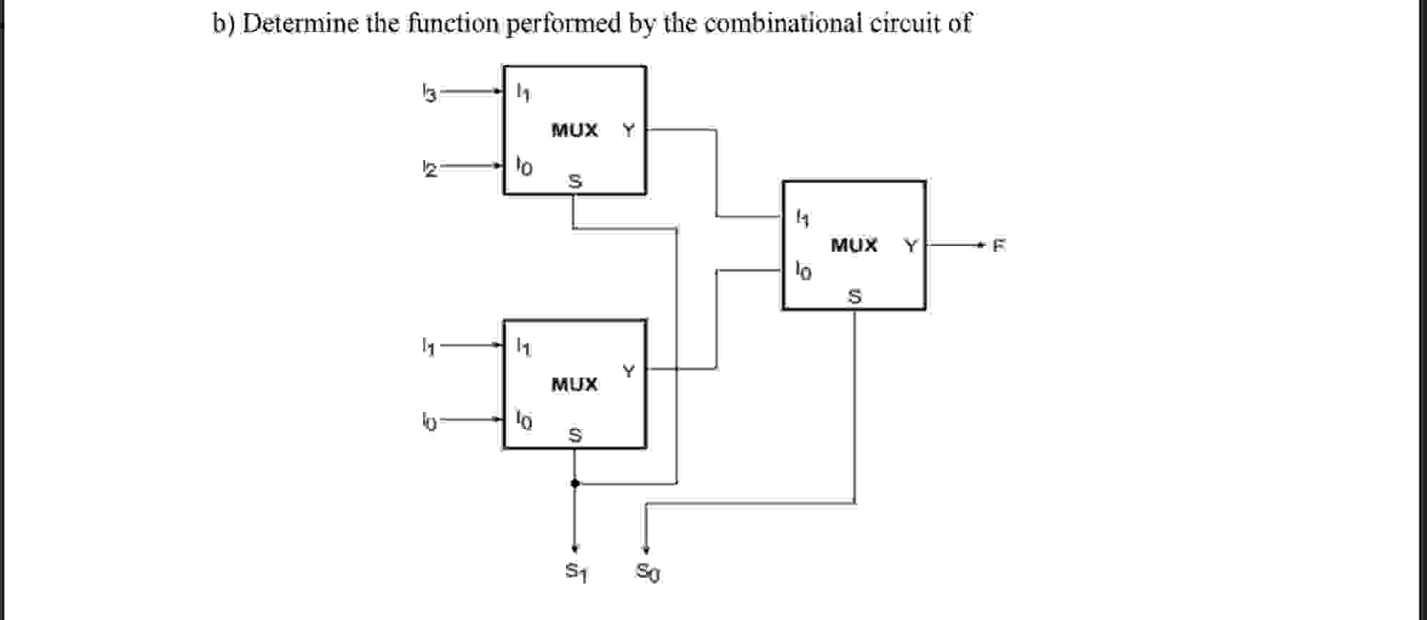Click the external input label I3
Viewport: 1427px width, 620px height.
pyautogui.click(x=428, y=93)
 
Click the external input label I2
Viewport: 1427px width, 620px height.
pyautogui.click(x=428, y=169)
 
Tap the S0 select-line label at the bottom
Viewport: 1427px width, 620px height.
pyautogui.click(x=648, y=572)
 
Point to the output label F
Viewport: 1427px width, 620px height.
pyautogui.click(x=998, y=246)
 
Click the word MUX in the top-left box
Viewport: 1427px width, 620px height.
pyautogui.click(x=575, y=131)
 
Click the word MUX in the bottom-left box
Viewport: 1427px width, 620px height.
pyautogui.click(x=575, y=385)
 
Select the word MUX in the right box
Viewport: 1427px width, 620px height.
pyautogui.click(x=854, y=246)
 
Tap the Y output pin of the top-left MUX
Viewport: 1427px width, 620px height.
pyautogui.click(x=628, y=130)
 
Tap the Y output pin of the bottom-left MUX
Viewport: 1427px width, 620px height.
pyautogui.click(x=628, y=371)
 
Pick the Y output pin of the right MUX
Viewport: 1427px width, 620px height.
pyautogui.click(x=910, y=246)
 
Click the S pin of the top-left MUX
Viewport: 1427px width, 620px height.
pyautogui.click(x=575, y=182)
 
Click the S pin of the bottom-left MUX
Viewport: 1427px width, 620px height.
pyautogui.click(x=575, y=435)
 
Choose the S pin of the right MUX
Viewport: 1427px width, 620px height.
pyautogui.click(x=854, y=295)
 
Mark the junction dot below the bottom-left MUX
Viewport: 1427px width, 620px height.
pyautogui.click(x=575, y=483)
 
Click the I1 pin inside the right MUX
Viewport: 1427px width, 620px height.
pyautogui.click(x=802, y=217)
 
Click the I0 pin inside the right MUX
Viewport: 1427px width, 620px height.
pyautogui.click(x=803, y=271)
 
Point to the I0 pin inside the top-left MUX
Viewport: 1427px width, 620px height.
pyautogui.click(x=524, y=167)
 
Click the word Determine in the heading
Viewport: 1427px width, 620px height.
pyautogui.click(x=300, y=24)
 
